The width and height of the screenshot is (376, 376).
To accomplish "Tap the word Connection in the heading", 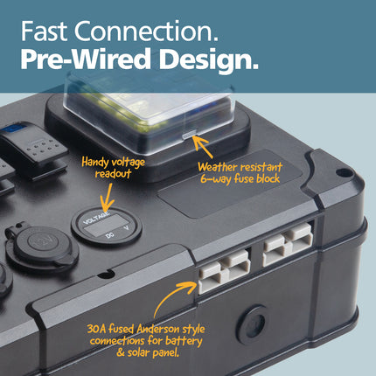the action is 146,31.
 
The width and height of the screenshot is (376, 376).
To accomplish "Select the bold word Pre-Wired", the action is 85,59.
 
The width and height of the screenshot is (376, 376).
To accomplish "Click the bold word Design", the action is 208,59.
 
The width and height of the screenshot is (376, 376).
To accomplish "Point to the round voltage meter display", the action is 107,226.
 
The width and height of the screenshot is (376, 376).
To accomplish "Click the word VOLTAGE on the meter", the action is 96,218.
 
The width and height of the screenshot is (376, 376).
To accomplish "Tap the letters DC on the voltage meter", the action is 109,234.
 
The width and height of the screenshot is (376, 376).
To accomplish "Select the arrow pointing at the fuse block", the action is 203,146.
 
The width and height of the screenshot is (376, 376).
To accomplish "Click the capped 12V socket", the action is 42,246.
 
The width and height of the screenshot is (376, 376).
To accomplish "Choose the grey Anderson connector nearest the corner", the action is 288,244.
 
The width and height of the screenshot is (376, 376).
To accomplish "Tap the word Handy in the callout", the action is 94,162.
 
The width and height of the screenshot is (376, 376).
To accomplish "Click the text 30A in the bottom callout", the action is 96,330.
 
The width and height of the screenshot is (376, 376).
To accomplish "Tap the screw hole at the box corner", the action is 340,172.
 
